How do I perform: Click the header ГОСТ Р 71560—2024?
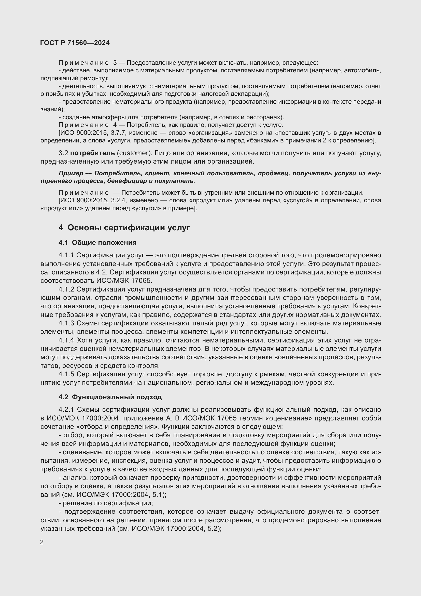(75, 43)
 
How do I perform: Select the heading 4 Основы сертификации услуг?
(124, 228)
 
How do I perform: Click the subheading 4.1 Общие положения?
(97, 243)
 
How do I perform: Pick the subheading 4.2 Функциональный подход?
(110, 397)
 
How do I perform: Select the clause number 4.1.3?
(66, 323)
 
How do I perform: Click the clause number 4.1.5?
(66, 374)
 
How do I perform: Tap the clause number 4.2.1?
(66, 410)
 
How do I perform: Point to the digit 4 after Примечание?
(115, 125)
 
